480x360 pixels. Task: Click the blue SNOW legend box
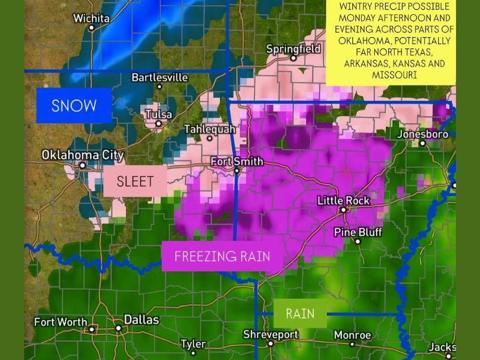pyautogui.click(x=74, y=106)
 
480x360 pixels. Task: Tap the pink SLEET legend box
pyautogui.click(x=135, y=181)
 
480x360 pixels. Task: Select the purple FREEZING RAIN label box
pyautogui.click(x=222, y=256)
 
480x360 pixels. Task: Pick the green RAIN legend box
pyautogui.click(x=300, y=313)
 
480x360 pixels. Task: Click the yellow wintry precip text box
pyautogui.click(x=391, y=41)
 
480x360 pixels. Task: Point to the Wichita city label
pyautogui.click(x=91, y=18)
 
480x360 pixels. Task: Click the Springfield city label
pyautogui.click(x=293, y=49)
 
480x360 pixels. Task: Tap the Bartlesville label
pyautogui.click(x=160, y=77)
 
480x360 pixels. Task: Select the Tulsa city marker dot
pyautogui.click(x=158, y=124)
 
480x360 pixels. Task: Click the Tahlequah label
pyautogui.click(x=209, y=129)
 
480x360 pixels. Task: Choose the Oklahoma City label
pyautogui.click(x=82, y=155)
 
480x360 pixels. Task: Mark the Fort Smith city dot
pyautogui.click(x=236, y=170)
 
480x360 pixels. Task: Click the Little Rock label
pyautogui.click(x=343, y=200)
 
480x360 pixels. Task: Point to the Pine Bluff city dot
pyautogui.click(x=358, y=241)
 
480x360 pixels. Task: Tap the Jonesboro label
pyautogui.click(x=422, y=134)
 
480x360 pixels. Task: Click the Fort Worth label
pyautogui.click(x=61, y=322)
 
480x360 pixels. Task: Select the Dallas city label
pyautogui.click(x=141, y=320)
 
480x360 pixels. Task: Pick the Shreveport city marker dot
pyautogui.click(x=271, y=344)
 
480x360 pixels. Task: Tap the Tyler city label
pyautogui.click(x=193, y=344)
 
